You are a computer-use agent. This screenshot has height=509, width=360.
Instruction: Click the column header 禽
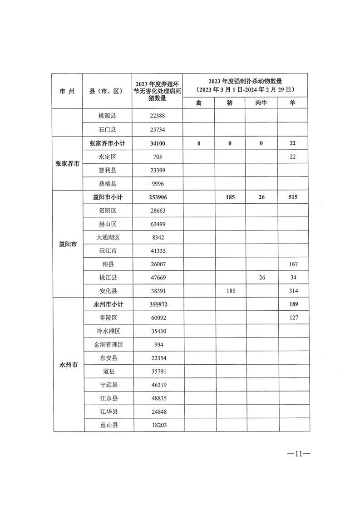[x=198, y=103]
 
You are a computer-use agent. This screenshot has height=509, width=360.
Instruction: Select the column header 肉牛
[x=261, y=103]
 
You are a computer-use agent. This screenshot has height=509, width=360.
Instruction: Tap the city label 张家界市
[x=67, y=163]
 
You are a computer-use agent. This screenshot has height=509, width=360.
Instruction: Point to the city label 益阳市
[x=67, y=244]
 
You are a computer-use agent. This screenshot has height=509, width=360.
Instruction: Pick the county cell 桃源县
[x=108, y=116]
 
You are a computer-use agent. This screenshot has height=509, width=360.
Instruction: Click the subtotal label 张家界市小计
[x=108, y=143]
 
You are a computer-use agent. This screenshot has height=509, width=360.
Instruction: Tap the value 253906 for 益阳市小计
[x=157, y=197]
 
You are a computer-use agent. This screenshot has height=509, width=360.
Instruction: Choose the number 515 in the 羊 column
[x=293, y=197]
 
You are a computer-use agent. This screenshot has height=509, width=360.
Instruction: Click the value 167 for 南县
[x=293, y=264]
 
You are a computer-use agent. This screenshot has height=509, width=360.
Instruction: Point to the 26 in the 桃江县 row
[x=261, y=277]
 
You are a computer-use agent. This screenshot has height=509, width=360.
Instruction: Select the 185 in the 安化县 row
[x=230, y=291]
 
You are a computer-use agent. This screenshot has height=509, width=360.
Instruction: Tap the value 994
[x=157, y=344]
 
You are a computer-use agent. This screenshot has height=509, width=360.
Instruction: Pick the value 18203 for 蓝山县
[x=157, y=425]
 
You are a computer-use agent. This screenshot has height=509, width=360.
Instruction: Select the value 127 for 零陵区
[x=293, y=318]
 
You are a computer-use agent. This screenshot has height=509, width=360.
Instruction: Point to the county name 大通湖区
[x=108, y=237]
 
